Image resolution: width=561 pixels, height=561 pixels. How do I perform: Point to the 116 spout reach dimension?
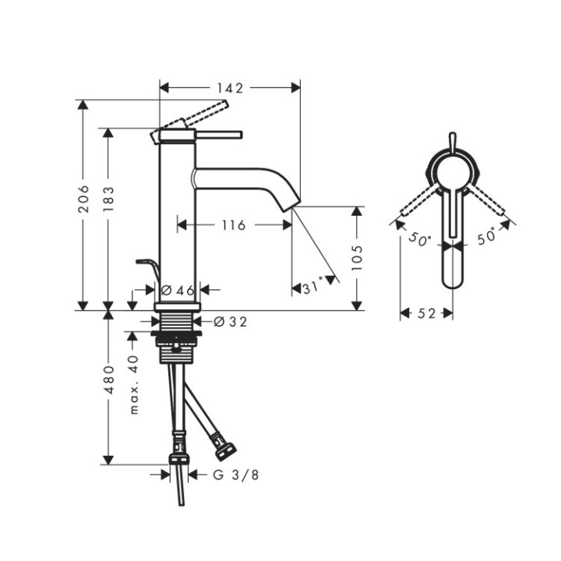click(233, 225)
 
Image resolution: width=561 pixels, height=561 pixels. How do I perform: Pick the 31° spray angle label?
click(312, 288)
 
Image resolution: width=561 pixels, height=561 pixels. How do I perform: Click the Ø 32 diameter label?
click(230, 321)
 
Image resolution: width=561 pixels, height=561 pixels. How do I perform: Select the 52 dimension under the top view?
click(426, 313)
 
